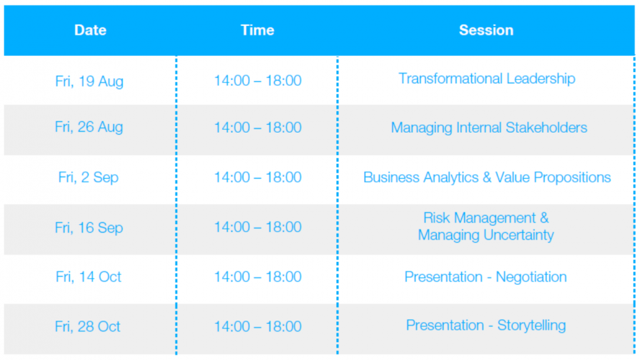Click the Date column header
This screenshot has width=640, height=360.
pyautogui.click(x=90, y=30)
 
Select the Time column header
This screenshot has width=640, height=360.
pyautogui.click(x=257, y=30)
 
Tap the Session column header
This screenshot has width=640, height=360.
pyautogui.click(x=486, y=30)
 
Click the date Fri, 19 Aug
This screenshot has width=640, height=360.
pyautogui.click(x=89, y=81)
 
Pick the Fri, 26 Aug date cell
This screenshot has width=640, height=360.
pyautogui.click(x=89, y=127)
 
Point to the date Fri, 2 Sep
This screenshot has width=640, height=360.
pyautogui.click(x=89, y=177)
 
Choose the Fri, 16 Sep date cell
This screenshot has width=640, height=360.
pyautogui.click(x=89, y=227)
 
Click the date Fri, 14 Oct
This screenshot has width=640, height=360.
pyautogui.click(x=89, y=277)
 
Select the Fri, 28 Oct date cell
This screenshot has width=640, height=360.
pyautogui.click(x=88, y=327)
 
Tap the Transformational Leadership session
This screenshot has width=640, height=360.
pyautogui.click(x=487, y=79)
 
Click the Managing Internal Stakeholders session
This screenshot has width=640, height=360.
pyautogui.click(x=489, y=128)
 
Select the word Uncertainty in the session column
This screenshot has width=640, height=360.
pyautogui.click(x=519, y=235)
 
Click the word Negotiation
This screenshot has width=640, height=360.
pyautogui.click(x=531, y=277)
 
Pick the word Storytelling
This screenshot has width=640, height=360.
pyautogui.click(x=531, y=325)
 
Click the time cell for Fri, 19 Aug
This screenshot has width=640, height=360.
pyautogui.click(x=258, y=81)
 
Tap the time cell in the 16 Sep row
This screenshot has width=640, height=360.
pyautogui.click(x=258, y=227)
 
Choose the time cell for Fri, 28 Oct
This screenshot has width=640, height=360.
pyautogui.click(x=258, y=327)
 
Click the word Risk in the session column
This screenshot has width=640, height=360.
pyautogui.click(x=436, y=218)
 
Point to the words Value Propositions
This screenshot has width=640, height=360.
pyautogui.click(x=553, y=177)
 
